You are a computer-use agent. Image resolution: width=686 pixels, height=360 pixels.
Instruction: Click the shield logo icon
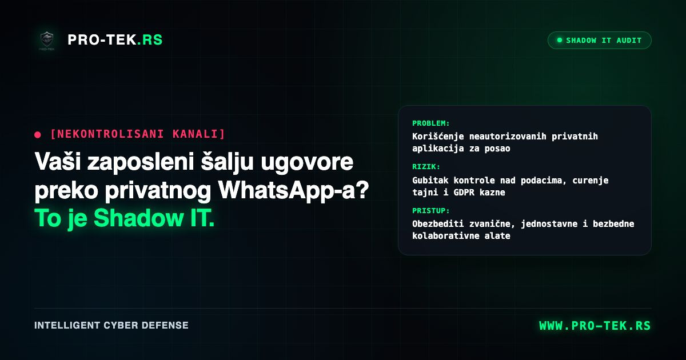(47, 40)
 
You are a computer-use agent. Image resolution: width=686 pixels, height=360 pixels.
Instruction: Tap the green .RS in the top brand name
(150, 40)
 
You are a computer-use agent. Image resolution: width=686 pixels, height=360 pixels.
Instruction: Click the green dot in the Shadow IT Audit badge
(560, 40)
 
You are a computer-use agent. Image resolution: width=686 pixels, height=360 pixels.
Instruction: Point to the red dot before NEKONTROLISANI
(38, 135)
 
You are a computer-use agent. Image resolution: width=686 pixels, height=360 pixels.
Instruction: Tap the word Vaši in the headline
(58, 161)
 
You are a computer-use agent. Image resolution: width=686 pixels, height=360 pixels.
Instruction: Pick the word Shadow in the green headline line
(138, 218)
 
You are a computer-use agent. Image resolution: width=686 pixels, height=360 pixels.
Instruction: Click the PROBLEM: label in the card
(431, 123)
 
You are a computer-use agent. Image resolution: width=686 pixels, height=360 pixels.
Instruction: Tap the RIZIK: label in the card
(426, 166)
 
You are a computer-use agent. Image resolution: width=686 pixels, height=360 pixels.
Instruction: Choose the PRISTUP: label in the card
(431, 211)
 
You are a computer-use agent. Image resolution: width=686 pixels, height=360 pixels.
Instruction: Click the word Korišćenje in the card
(438, 137)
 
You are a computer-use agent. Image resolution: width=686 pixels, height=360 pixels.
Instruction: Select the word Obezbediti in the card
(438, 224)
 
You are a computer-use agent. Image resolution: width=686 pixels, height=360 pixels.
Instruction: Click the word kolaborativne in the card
(445, 235)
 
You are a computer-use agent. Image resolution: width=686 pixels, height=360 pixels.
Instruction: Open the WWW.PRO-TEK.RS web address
(595, 326)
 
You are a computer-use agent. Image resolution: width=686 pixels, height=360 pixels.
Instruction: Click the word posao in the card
(497, 149)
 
